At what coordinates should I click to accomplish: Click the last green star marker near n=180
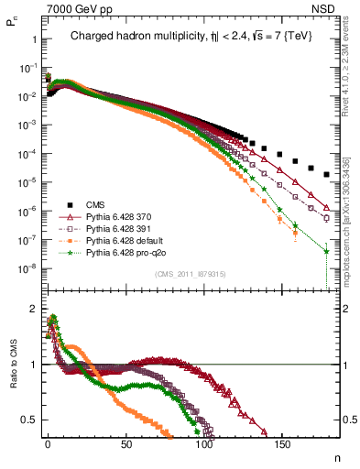[x=327, y=250]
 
